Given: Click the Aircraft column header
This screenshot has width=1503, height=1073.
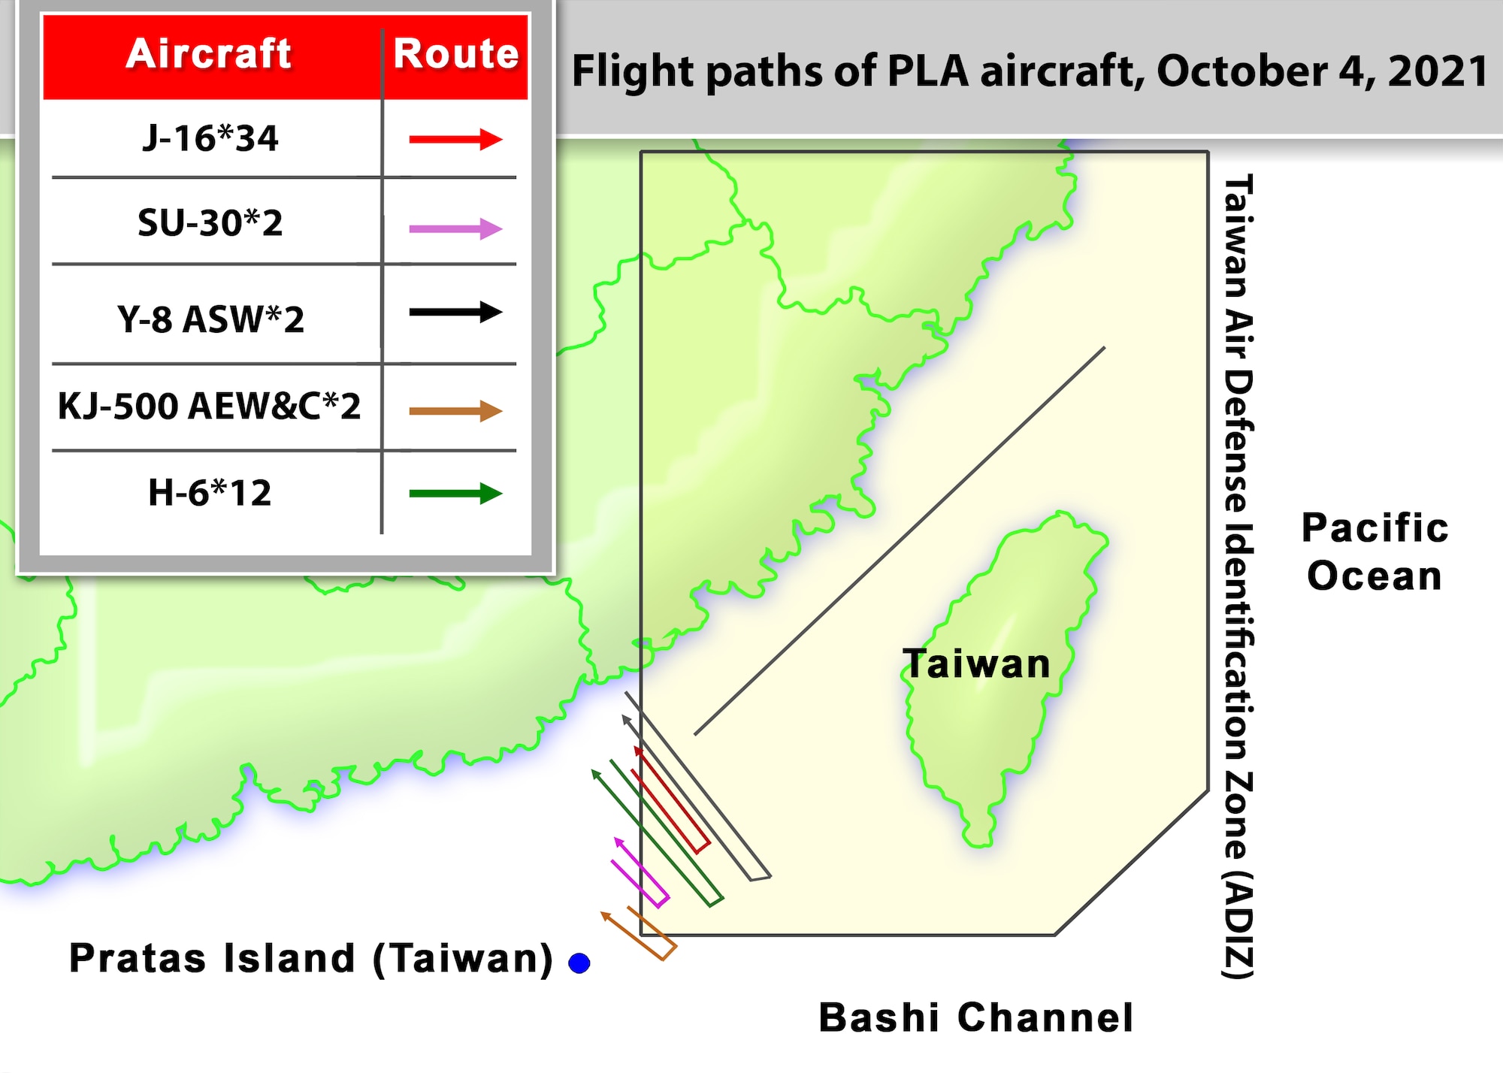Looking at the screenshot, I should coord(208,54).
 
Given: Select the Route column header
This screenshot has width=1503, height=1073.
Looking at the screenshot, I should coord(456,54).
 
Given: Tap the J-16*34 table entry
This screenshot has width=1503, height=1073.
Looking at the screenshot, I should coord(210,138).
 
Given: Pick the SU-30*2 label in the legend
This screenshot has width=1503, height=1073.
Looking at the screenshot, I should coord(210,222).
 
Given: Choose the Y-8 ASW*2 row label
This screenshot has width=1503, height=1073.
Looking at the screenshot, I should coord(210,319).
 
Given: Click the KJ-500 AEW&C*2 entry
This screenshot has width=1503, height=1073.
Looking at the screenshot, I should coord(210,407).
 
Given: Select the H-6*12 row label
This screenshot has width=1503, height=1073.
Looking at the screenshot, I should coord(210,493).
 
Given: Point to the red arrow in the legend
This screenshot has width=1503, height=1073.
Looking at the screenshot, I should coord(455,139).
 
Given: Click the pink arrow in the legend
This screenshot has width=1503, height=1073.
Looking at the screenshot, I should coord(455,228).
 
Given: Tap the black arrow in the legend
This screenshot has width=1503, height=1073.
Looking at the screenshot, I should coord(455,312).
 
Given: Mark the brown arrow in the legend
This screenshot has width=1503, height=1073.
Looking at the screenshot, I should coord(455,411).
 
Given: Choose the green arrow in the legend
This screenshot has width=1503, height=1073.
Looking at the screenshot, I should coord(455,494).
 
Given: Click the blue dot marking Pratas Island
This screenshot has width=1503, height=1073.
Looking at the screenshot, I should coord(579,963).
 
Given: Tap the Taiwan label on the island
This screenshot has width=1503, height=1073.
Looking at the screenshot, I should coord(976,664).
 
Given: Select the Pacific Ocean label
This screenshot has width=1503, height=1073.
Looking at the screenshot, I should coord(1374,552).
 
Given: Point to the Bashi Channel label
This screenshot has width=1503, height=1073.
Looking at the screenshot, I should coord(975,1018).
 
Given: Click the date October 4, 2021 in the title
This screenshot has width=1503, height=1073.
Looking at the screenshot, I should coord(1322,71).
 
